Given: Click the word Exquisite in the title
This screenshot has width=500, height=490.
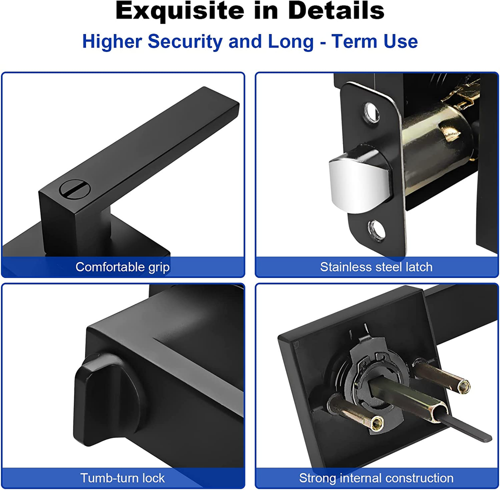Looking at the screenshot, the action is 180,11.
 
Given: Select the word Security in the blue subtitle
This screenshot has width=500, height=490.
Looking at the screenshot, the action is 185,42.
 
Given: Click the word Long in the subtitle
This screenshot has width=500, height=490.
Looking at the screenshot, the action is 291,42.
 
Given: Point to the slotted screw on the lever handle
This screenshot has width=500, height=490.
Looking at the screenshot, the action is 74,189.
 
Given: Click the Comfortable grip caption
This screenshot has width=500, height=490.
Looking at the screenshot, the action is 122,267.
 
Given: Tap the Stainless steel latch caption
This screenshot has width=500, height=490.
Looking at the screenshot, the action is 376,267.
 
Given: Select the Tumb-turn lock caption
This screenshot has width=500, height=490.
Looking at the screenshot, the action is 122,478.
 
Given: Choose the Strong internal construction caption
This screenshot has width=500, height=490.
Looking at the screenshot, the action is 376,478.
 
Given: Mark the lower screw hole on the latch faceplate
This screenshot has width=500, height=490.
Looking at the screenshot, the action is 376,229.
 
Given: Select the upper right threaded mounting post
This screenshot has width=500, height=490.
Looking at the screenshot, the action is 441,376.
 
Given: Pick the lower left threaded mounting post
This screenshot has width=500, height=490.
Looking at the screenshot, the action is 355,412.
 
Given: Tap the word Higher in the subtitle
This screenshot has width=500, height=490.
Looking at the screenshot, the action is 112,42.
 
